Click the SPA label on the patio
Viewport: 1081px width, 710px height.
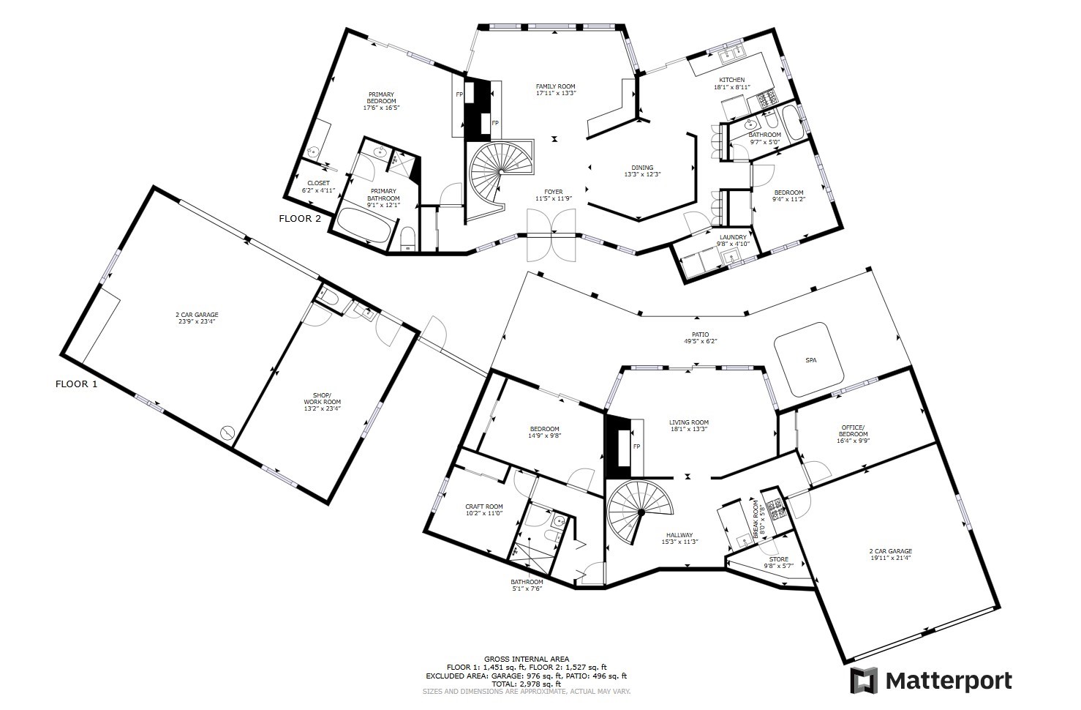click(x=810, y=360)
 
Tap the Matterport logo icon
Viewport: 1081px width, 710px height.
click(x=864, y=681)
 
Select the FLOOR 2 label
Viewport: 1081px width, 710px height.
click(x=300, y=219)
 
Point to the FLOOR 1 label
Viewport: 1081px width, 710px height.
click(x=76, y=384)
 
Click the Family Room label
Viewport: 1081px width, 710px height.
click(x=555, y=86)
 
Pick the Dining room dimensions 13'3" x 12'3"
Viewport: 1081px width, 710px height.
click(x=642, y=174)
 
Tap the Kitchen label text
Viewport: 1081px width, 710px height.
click(x=731, y=80)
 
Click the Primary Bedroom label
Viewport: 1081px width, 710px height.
click(x=381, y=97)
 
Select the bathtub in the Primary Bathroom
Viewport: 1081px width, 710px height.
click(x=364, y=225)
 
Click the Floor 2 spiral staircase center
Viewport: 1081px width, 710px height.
click(x=502, y=171)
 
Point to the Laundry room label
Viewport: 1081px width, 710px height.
click(x=733, y=237)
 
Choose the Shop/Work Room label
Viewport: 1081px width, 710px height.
click(x=322, y=398)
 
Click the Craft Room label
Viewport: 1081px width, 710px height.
click(x=484, y=507)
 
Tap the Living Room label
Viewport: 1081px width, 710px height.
click(x=689, y=422)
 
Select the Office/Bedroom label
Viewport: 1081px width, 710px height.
click(x=853, y=430)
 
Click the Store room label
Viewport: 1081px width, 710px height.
click(x=778, y=559)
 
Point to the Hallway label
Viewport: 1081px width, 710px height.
click(x=679, y=535)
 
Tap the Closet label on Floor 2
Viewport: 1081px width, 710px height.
click(x=318, y=183)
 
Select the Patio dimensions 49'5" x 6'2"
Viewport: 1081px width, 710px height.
click(x=700, y=341)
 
